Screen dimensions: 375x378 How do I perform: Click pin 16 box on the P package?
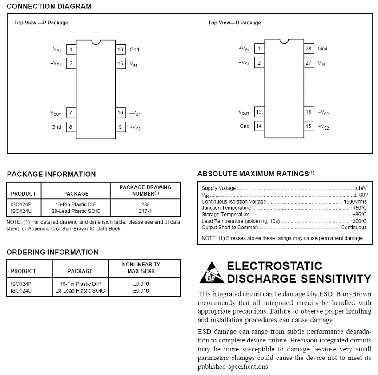pyautogui.click(x=121, y=49)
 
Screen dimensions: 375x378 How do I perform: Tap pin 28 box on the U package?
pyautogui.click(x=309, y=49)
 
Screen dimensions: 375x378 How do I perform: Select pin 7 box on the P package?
pyautogui.click(x=71, y=113)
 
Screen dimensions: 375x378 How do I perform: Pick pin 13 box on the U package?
pyautogui.click(x=259, y=112)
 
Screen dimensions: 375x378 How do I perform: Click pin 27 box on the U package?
pyautogui.click(x=309, y=63)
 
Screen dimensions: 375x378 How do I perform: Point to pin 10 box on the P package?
pyautogui.click(x=121, y=113)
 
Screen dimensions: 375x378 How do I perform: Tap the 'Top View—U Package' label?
pyautogui.click(x=234, y=23)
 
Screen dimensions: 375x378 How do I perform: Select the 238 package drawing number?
pyautogui.click(x=145, y=205)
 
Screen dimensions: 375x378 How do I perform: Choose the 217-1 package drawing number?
pyautogui.click(x=145, y=211)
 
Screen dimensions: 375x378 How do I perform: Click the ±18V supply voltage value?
pyautogui.click(x=361, y=189)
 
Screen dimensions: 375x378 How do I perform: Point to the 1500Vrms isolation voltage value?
pyautogui.click(x=355, y=202)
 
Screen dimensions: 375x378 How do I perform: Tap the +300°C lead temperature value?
pyautogui.click(x=357, y=221)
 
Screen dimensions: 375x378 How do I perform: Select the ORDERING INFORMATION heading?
pyautogui.click(x=52, y=252)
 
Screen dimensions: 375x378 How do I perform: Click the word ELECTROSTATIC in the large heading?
pyautogui.click(x=274, y=266)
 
